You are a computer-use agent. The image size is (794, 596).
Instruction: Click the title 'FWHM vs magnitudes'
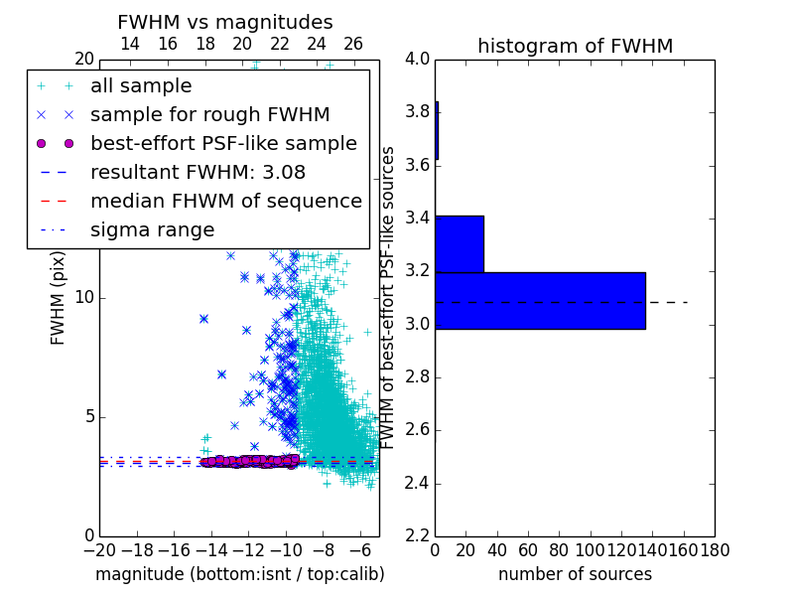pos(225,22)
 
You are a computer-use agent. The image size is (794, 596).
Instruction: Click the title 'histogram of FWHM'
pos(576,46)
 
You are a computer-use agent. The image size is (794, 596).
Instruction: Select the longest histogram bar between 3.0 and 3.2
pos(540,301)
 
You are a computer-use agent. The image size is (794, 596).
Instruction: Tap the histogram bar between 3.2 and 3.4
pos(460,243)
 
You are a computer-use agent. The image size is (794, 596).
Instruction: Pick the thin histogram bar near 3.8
pos(437,130)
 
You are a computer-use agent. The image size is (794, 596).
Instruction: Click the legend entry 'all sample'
pos(115,86)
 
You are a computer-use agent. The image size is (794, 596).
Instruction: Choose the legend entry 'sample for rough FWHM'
pos(184,115)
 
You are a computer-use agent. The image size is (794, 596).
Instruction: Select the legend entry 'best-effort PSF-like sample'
pos(197,143)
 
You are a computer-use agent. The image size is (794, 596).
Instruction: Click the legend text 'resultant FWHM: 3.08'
pos(198,172)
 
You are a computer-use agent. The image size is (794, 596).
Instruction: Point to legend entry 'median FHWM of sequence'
pos(200,202)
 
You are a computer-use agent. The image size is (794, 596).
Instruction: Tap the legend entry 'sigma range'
pos(126,230)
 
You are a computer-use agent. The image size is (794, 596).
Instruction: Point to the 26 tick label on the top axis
pos(353,44)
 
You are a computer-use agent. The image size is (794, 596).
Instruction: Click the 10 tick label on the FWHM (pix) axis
pos(84,297)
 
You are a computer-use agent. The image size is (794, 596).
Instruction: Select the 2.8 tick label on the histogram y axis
pos(418,377)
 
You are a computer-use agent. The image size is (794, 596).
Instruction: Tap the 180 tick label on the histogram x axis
pos(715,550)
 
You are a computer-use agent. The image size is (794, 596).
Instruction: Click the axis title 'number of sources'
pos(576,574)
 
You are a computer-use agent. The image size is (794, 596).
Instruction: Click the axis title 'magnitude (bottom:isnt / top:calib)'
pos(240,574)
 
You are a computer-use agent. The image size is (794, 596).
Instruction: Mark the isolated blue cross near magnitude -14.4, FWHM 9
pos(204,319)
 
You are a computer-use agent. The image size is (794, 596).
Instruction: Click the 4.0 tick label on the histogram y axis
pos(418,60)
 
